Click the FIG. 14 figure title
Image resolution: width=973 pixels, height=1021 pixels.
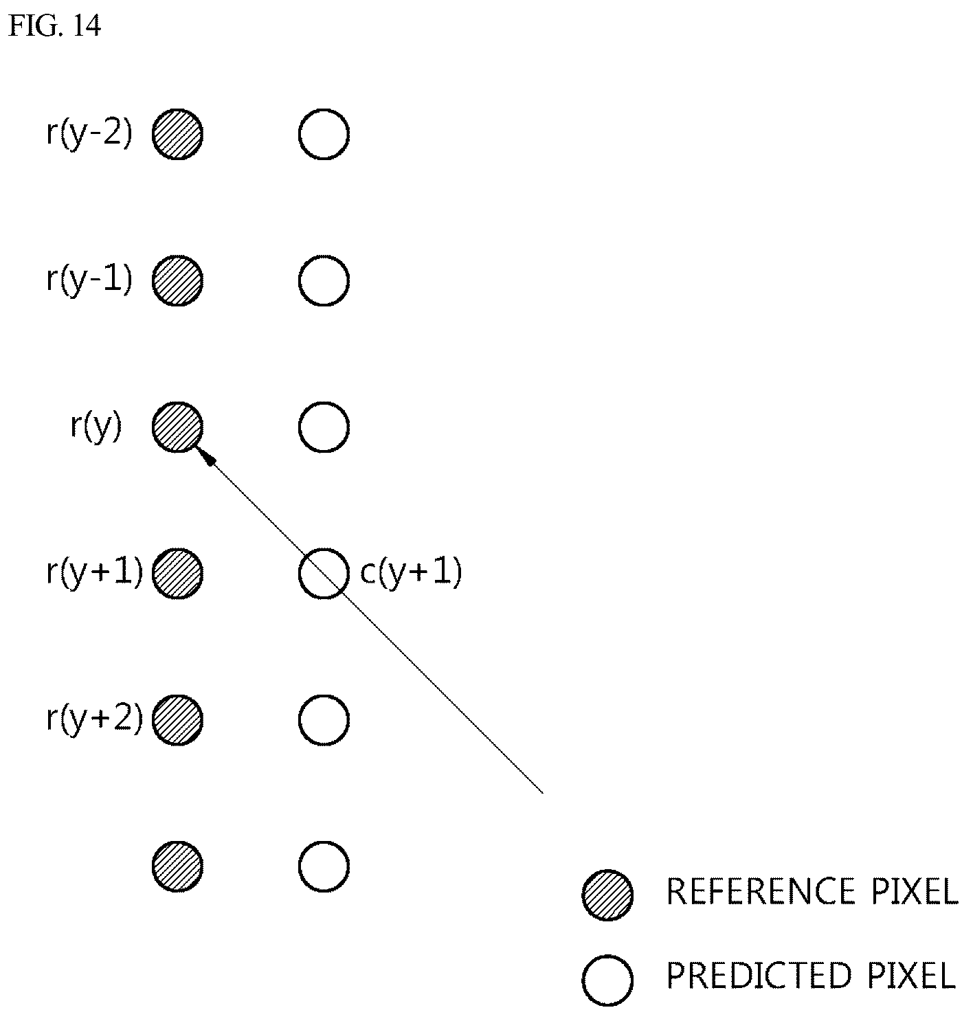coord(54,25)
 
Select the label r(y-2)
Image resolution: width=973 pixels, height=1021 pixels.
coord(89,133)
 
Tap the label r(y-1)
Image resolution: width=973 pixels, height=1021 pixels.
coord(89,280)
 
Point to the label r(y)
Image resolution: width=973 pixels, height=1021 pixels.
coord(96,427)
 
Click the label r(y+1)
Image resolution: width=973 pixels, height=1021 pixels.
coord(95,573)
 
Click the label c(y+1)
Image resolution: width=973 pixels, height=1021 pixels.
coord(411,573)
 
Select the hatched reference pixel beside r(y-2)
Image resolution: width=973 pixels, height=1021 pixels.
coord(177,134)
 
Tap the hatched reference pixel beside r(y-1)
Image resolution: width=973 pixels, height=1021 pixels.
coord(177,280)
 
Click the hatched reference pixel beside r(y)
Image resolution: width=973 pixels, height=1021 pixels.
coord(177,427)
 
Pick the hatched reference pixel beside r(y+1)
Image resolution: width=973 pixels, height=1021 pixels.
coord(177,573)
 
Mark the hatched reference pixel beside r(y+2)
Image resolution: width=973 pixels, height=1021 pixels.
coord(177,720)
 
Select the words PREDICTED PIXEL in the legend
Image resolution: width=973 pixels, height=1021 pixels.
coord(811,975)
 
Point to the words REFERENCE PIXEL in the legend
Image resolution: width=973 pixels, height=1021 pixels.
coord(812,891)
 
